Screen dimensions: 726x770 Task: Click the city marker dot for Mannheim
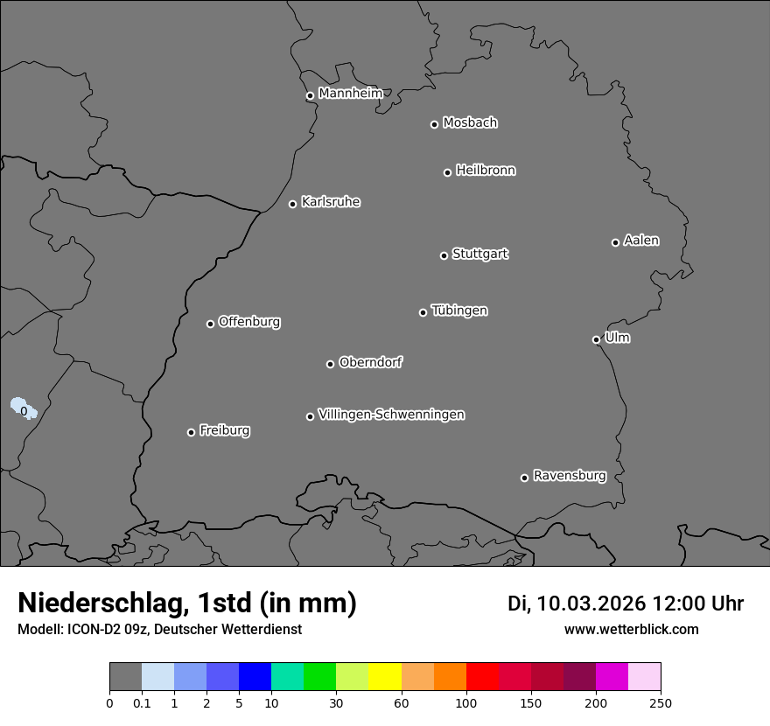310,96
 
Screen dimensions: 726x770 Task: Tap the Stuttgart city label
479,255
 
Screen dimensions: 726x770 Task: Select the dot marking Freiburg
191,432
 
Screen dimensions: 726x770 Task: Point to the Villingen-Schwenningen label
391,415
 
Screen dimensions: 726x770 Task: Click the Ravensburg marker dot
524,478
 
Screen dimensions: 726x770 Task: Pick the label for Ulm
617,338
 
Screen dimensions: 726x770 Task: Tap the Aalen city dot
615,242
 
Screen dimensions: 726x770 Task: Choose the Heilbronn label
486,171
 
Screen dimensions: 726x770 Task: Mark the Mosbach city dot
434,124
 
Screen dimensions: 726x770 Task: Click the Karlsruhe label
330,202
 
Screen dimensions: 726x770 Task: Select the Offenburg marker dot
210,324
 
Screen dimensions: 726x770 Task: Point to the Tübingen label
459,311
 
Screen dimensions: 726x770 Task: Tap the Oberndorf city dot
330,364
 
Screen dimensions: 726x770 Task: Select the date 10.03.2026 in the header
591,604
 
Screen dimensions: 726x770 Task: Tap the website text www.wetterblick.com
631,629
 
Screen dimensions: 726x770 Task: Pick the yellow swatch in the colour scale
385,677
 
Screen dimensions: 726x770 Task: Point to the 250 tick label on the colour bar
661,702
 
